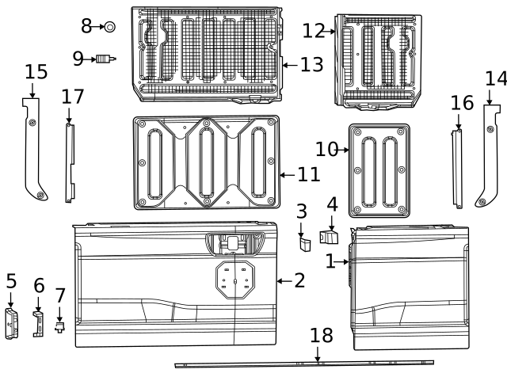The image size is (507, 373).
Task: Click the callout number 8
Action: click(86, 26)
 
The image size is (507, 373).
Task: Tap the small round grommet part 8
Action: click(109, 27)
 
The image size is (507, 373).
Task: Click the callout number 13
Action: click(311, 64)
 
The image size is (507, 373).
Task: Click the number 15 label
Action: click(36, 72)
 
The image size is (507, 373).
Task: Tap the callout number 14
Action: click(496, 78)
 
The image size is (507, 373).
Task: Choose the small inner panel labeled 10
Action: click(379, 170)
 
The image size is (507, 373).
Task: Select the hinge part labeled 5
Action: click(11, 325)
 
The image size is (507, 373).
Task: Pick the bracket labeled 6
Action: click(38, 324)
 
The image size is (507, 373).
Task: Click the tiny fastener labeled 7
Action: click(59, 325)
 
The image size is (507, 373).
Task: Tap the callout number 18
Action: click(322, 336)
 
